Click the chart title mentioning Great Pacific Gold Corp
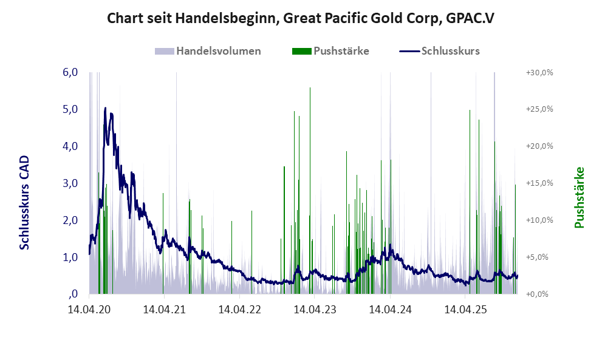pos(300,18)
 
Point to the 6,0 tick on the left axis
pos(70,72)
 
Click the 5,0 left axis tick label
pos(70,109)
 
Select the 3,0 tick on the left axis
pos(70,183)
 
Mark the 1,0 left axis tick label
pos(70,257)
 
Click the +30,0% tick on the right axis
pos(539,72)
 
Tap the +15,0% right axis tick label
pos(539,183)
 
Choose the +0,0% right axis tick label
pos(539,294)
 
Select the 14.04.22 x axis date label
pos(239,309)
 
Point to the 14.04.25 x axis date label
pos(465,309)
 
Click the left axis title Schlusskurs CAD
pos(24,202)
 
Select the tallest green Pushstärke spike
pos(310,89)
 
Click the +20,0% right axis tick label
pos(539,146)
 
